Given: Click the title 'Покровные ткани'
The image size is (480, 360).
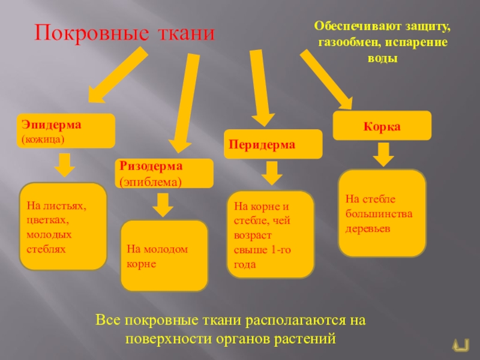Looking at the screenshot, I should (124, 33).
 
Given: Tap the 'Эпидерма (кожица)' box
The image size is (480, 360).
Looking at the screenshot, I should (66, 131).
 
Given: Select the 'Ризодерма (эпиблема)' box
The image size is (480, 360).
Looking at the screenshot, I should (164, 173).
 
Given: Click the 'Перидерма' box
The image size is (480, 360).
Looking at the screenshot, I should (273, 145).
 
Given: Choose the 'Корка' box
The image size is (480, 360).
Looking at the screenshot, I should (382, 127).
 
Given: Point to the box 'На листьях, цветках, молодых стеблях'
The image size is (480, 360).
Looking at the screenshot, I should (63, 226).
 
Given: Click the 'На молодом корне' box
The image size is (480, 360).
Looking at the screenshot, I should (164, 256).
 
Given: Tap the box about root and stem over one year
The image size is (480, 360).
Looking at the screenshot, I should (270, 234).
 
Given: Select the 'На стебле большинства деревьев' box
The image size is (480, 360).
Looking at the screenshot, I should (382, 212).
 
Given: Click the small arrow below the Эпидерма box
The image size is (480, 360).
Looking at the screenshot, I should (65, 163).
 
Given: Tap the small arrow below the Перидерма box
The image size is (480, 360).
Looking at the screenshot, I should (272, 174).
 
